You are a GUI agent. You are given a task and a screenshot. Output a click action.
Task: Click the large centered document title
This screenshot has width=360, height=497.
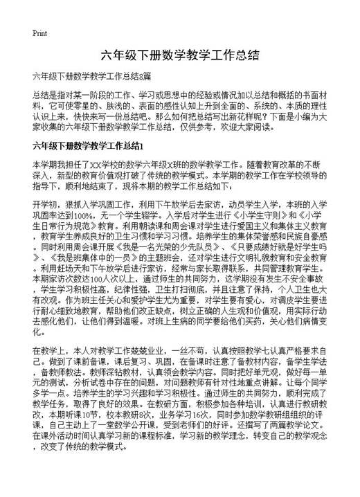pyautogui.click(x=180, y=55)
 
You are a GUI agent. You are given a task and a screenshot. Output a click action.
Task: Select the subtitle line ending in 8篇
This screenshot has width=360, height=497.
pyautogui.click(x=91, y=75)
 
